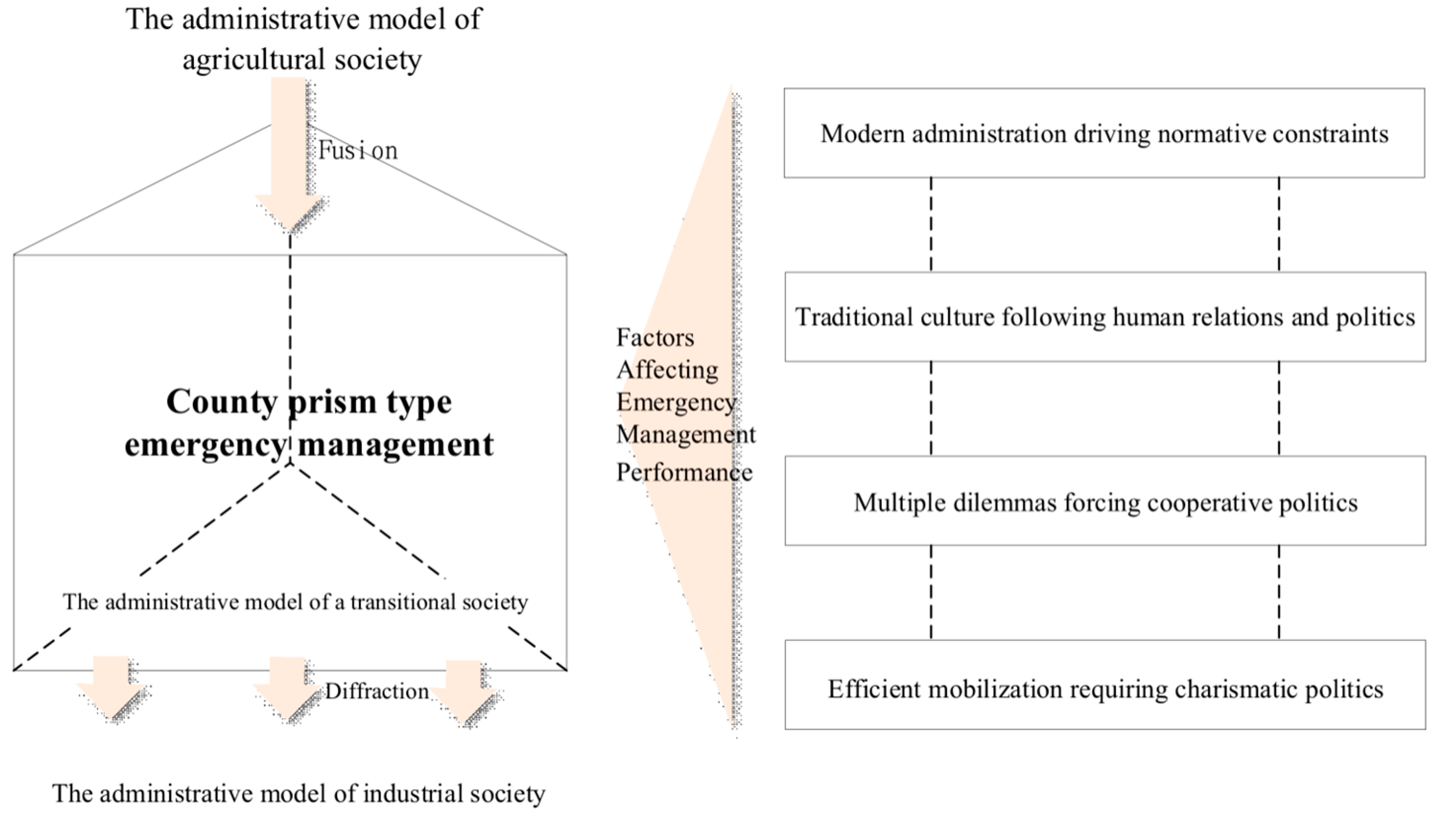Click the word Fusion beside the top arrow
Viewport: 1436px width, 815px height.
tap(358, 150)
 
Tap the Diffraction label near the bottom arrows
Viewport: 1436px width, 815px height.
tap(377, 691)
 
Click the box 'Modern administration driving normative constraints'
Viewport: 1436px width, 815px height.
tap(1103, 133)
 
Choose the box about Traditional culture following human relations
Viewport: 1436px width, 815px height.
tap(1105, 317)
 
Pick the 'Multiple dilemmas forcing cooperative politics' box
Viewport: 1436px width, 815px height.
tap(1105, 502)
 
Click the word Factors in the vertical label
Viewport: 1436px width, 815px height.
tap(655, 338)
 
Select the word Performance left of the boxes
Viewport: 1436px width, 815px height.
tap(684, 472)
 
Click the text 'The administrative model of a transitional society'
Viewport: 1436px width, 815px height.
tap(295, 601)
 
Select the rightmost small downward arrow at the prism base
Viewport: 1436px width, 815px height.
tap(465, 691)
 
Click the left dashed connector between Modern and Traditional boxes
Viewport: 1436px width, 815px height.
tap(930, 224)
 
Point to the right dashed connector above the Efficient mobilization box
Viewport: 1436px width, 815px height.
tap(1279, 592)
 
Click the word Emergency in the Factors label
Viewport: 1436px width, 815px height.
tap(676, 402)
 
